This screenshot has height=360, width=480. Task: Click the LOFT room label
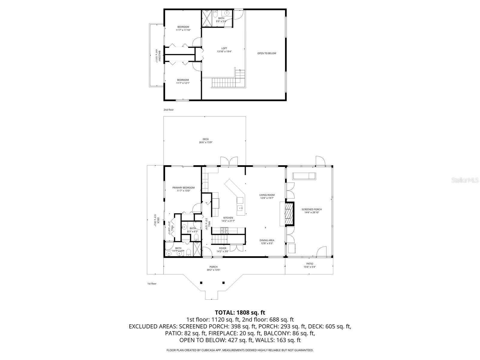click(224, 48)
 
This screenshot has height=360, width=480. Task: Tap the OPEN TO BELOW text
click(267, 53)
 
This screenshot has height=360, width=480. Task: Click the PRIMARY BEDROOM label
click(181, 188)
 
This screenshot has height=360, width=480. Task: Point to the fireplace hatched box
click(289, 214)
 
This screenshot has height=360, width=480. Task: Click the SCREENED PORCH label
click(312, 209)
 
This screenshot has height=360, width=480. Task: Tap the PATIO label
click(310, 264)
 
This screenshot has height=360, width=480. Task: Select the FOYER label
click(222, 248)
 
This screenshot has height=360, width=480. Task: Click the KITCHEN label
click(228, 218)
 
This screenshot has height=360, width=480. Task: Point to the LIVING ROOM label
click(267, 195)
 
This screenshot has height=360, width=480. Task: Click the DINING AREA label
click(267, 240)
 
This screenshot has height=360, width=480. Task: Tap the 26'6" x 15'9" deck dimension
click(205, 142)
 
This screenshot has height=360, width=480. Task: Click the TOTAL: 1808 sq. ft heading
click(240, 313)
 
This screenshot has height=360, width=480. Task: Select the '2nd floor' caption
click(169, 110)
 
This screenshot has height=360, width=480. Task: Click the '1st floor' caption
click(152, 283)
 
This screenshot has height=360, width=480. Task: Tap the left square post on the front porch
click(201, 282)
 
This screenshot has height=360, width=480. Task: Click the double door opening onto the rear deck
click(229, 161)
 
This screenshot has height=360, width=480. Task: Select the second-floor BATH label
click(221, 18)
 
